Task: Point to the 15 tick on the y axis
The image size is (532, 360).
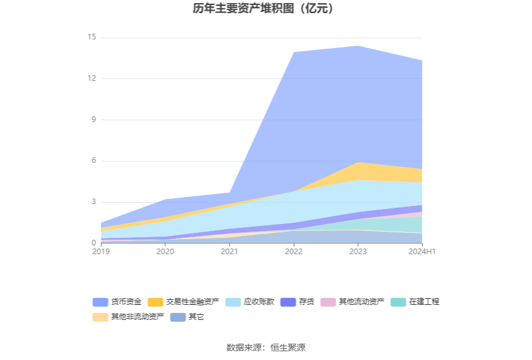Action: pos(91,37)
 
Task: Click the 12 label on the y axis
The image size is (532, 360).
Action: pos(91,78)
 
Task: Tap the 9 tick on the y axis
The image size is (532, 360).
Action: pos(93,120)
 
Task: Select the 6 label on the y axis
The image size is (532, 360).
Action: pos(93,161)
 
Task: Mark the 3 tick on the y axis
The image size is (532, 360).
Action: pos(93,202)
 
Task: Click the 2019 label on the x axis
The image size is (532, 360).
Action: pos(101,252)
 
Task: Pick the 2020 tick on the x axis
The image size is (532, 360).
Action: pos(165,252)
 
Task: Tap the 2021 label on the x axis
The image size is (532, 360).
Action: pos(230,252)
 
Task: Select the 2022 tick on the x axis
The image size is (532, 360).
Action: pos(294,252)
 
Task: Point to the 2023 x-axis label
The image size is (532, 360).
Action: pos(358,252)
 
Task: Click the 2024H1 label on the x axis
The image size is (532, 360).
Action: pos(422,252)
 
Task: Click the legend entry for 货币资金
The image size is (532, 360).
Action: pos(118,302)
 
